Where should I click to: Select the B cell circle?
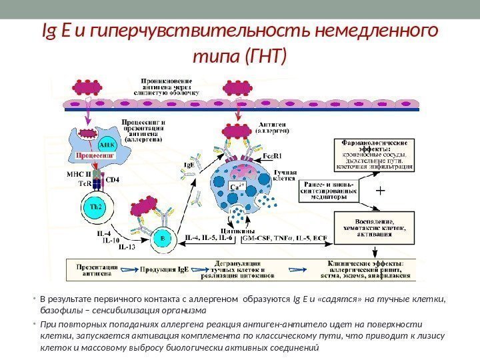pos(161,237)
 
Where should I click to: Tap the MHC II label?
pos(79,173)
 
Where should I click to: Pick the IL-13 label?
pos(127,247)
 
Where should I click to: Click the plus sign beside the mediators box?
pos(381,190)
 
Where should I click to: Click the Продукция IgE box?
pos(164,270)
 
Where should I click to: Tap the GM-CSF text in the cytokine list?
pos(257,237)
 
